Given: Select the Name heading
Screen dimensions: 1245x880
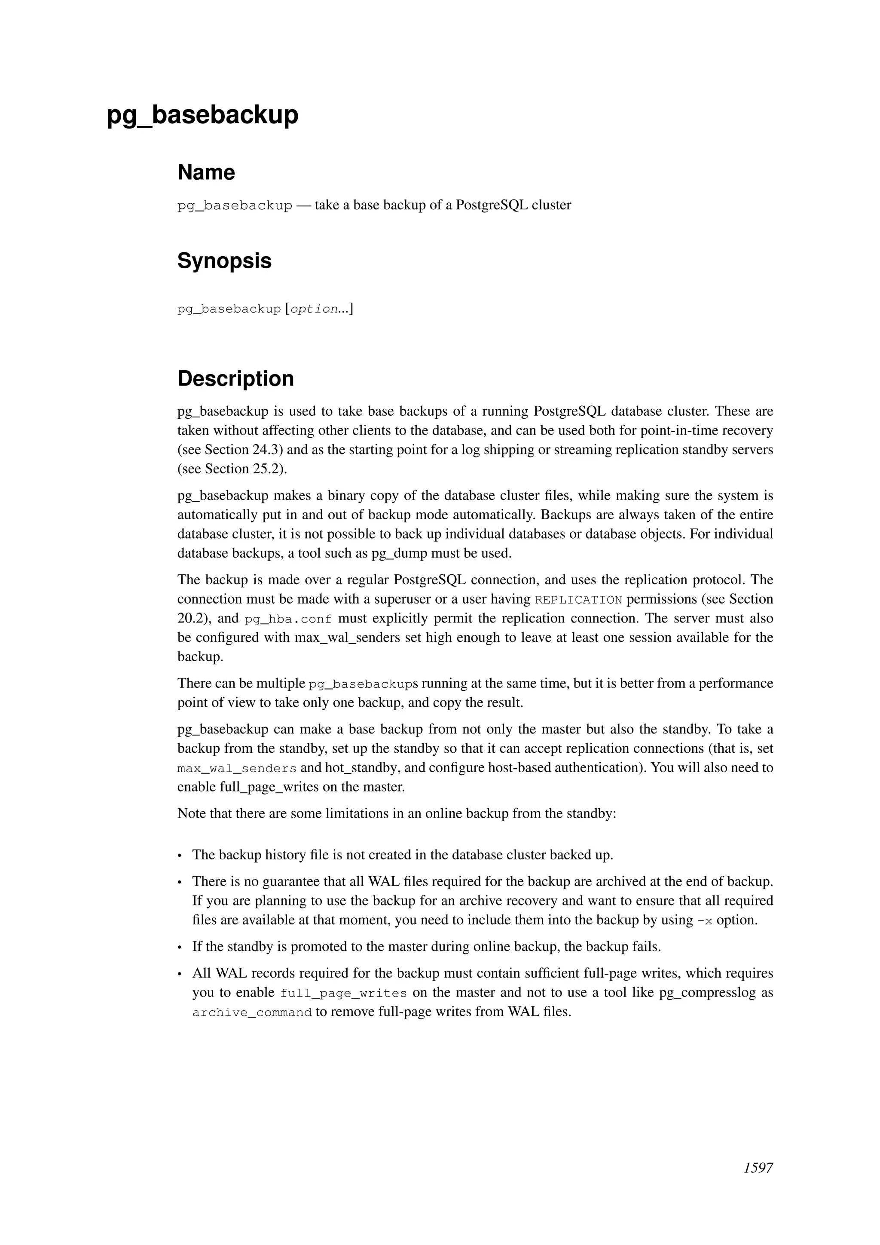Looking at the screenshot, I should tap(206, 172).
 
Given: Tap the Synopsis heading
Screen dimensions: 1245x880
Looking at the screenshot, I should tap(224, 261).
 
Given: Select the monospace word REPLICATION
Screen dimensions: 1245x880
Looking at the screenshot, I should tap(578, 600).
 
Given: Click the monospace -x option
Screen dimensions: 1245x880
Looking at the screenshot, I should tap(704, 921).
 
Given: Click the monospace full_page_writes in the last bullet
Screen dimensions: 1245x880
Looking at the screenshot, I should tap(344, 994).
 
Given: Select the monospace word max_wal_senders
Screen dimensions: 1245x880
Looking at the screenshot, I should tap(237, 769).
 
